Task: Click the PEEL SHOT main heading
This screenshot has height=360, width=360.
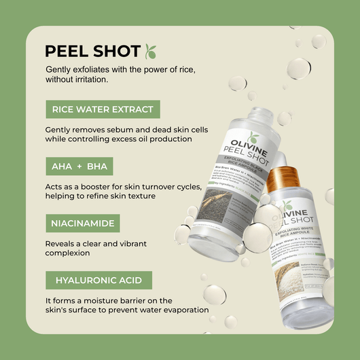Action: click(x=92, y=52)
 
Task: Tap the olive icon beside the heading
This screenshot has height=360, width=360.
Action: click(x=151, y=51)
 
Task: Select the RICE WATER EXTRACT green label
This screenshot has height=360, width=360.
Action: click(x=103, y=109)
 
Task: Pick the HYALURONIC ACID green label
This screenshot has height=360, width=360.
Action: click(x=98, y=280)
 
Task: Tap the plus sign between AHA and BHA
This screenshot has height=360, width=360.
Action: click(x=79, y=166)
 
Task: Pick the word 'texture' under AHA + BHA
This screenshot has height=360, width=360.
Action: click(x=140, y=196)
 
